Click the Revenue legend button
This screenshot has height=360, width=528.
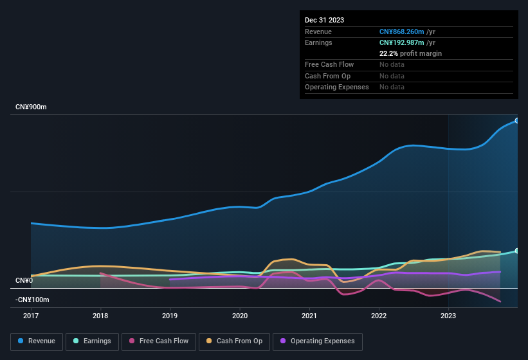(x=37, y=341)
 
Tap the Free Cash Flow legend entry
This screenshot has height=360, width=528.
(x=158, y=341)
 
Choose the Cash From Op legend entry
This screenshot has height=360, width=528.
(x=233, y=341)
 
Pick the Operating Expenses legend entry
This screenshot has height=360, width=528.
(x=317, y=341)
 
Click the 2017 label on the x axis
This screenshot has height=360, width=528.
(x=31, y=316)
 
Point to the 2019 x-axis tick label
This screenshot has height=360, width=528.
(x=170, y=316)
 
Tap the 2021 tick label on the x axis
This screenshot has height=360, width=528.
(x=309, y=316)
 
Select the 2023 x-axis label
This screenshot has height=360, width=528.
(x=448, y=316)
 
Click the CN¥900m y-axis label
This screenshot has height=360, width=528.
(x=31, y=107)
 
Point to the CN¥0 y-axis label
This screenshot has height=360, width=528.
(x=24, y=280)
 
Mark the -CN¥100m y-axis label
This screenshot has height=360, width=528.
(x=32, y=300)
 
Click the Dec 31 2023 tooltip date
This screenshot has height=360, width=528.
(x=324, y=20)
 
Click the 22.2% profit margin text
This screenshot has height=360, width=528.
(x=410, y=53)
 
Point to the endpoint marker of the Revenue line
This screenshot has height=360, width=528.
(x=516, y=121)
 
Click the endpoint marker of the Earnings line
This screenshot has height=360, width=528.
(x=516, y=251)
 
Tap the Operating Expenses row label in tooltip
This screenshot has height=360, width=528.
(x=336, y=87)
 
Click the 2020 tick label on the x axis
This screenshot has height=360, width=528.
(x=240, y=316)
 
